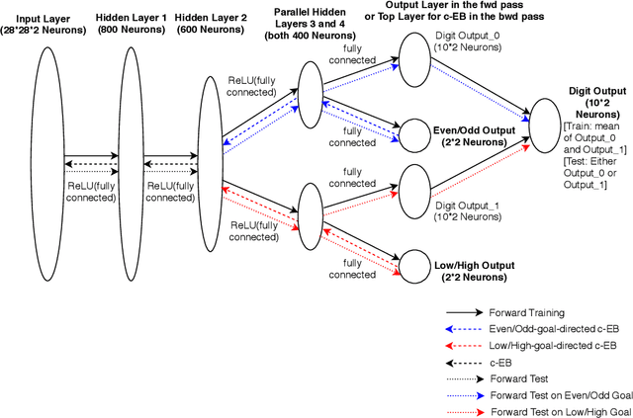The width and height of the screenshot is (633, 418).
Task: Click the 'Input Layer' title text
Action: pyautogui.click(x=41, y=19)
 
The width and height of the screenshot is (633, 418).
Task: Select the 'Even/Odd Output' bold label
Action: pyautogui.click(x=470, y=129)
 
